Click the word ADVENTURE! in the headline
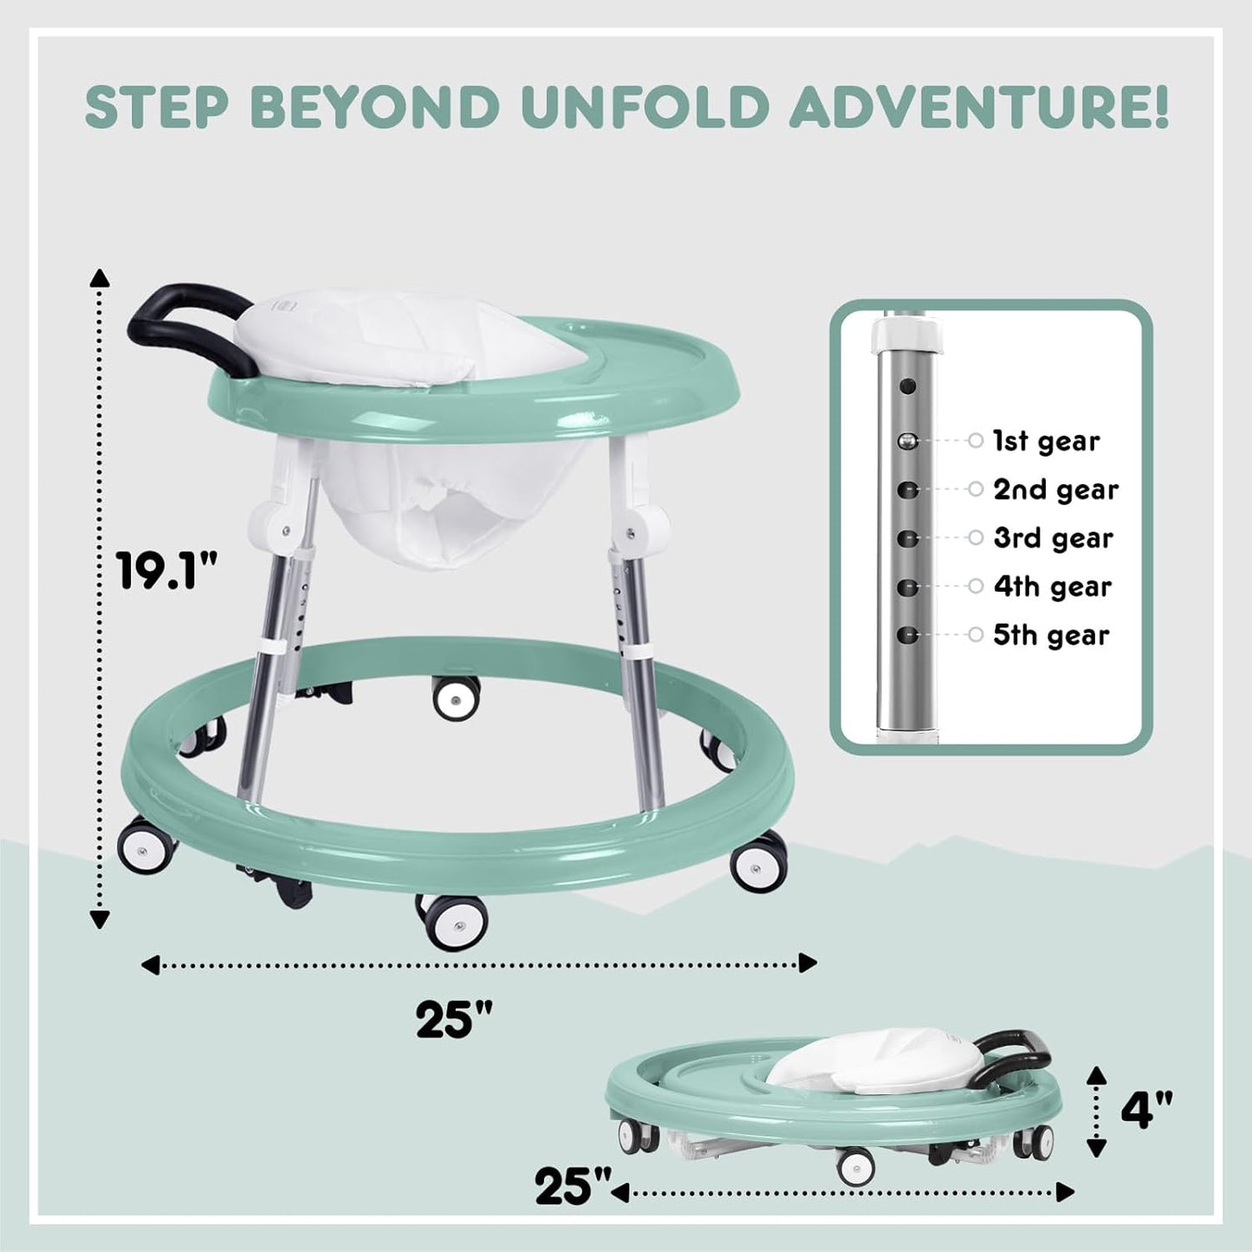coord(980,107)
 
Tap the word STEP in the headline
coord(159,107)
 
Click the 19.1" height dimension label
coord(167,572)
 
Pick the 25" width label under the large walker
coord(454,1019)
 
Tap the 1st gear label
coord(1046,441)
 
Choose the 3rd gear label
coord(1053,538)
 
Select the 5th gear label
coord(1051,635)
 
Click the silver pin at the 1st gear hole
coord(907,441)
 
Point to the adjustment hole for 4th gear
coord(907,587)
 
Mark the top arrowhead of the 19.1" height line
coord(101,278)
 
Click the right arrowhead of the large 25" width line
coord(808,963)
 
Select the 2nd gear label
coord(1055,490)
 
